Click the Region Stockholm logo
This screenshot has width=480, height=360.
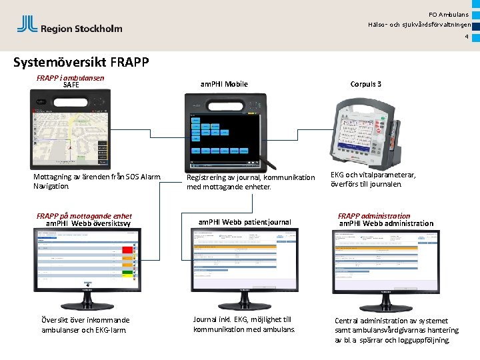pos(69,26)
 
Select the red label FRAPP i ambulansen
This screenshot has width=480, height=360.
pos(70,77)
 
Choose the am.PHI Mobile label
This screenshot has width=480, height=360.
pos(224,84)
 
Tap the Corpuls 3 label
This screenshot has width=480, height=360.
pos(366,84)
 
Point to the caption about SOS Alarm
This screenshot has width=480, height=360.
pos(97,181)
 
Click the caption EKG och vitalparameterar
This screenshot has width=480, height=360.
pos(373,179)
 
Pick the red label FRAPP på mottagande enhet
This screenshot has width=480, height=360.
pos(84,216)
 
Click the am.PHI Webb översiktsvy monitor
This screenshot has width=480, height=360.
pos(87,260)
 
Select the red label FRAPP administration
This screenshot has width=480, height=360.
pos(374,216)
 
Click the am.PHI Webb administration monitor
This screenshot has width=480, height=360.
pos(382,257)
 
